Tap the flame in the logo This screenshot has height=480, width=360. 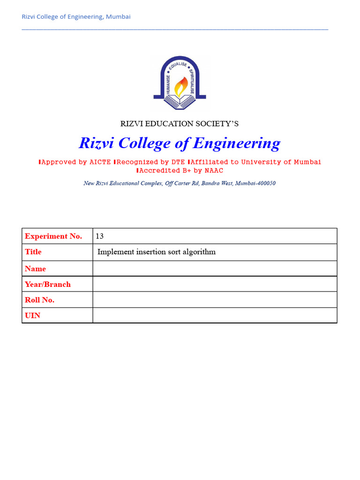click(180, 86)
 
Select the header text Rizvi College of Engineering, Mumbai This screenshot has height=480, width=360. click(76, 17)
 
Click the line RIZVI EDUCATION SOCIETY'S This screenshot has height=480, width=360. click(180, 124)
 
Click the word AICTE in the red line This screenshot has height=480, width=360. click(100, 162)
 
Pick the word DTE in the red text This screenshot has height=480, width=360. click(176, 162)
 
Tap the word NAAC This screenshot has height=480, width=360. click(214, 171)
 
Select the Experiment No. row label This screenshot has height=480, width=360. click(53, 236)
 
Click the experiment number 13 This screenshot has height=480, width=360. click(99, 236)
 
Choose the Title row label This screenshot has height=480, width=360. click(33, 252)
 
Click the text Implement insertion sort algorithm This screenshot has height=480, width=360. click(157, 252)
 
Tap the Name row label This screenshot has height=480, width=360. click(36, 269)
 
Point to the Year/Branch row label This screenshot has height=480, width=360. click(48, 284)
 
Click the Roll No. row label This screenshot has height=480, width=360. click(40, 300)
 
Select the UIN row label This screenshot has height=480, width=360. click(33, 315)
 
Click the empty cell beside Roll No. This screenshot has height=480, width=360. click(215, 300)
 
